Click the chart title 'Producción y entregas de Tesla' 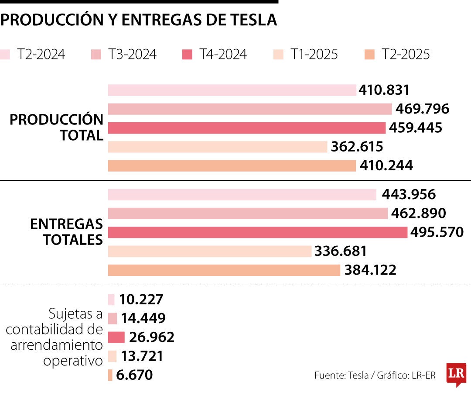tap(139, 20)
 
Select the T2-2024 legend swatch tap(5, 55)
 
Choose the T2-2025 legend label tap(406, 55)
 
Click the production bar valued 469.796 tap(250, 109)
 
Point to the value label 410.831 tap(384, 90)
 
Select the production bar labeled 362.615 tap(218, 147)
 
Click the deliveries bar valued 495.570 tap(257, 232)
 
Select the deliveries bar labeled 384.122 tap(224, 270)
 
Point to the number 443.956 tap(409, 195)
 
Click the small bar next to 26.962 tap(116, 338)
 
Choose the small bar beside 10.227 tap(111, 300)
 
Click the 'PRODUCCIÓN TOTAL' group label tap(57, 128)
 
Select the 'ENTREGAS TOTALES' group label tap(66, 232)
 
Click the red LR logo tap(456, 374)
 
